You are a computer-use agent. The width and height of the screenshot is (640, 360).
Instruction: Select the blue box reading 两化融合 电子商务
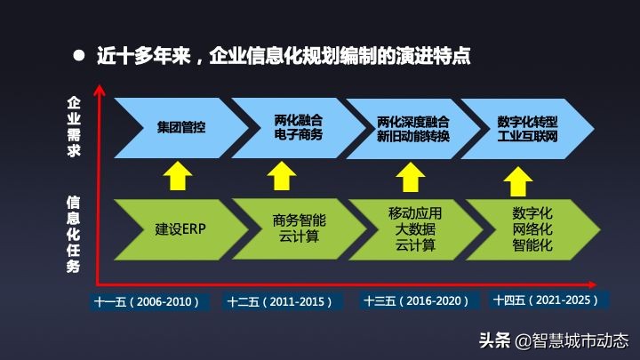pos(298,127)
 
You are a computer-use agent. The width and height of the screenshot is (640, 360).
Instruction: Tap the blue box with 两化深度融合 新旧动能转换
pos(413,127)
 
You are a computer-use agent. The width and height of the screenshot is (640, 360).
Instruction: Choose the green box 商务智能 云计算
pos(298,229)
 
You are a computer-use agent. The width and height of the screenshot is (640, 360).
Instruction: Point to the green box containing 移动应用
pos(414,229)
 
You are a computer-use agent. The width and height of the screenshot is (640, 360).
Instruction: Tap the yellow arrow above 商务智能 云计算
pos(282,176)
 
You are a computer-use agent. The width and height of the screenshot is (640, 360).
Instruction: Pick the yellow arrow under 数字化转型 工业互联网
pos(516,181)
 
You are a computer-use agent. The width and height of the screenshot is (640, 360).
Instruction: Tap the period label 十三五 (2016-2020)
pos(417,301)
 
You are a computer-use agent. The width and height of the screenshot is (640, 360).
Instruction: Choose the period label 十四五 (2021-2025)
pos(552,300)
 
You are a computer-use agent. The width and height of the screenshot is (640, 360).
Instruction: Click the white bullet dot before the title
pos(78,55)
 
